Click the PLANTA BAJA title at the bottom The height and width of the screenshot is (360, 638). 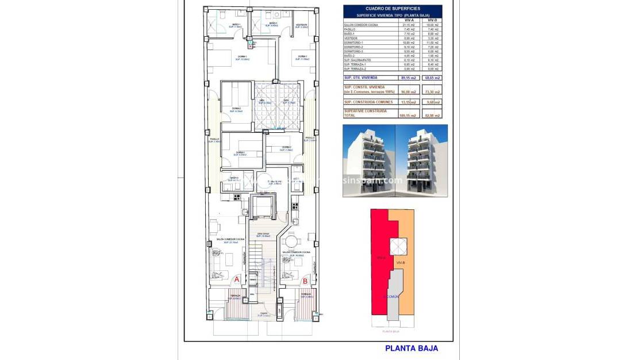click(411, 348)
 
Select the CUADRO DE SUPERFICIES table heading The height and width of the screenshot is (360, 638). click(393, 8)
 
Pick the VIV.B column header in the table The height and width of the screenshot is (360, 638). click(432, 20)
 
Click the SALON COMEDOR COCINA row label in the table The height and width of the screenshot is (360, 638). click(362, 25)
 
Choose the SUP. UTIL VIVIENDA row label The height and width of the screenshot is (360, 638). click(360, 77)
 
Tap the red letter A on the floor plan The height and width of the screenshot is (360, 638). click(236, 280)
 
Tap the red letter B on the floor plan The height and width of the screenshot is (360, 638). click(305, 281)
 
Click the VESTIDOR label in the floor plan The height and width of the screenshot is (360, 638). click(301, 25)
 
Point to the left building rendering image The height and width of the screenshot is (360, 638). click(368, 160)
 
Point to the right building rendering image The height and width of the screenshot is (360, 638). click(421, 160)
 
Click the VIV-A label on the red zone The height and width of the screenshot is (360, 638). click(381, 258)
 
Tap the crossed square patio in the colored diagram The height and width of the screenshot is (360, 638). click(398, 246)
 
